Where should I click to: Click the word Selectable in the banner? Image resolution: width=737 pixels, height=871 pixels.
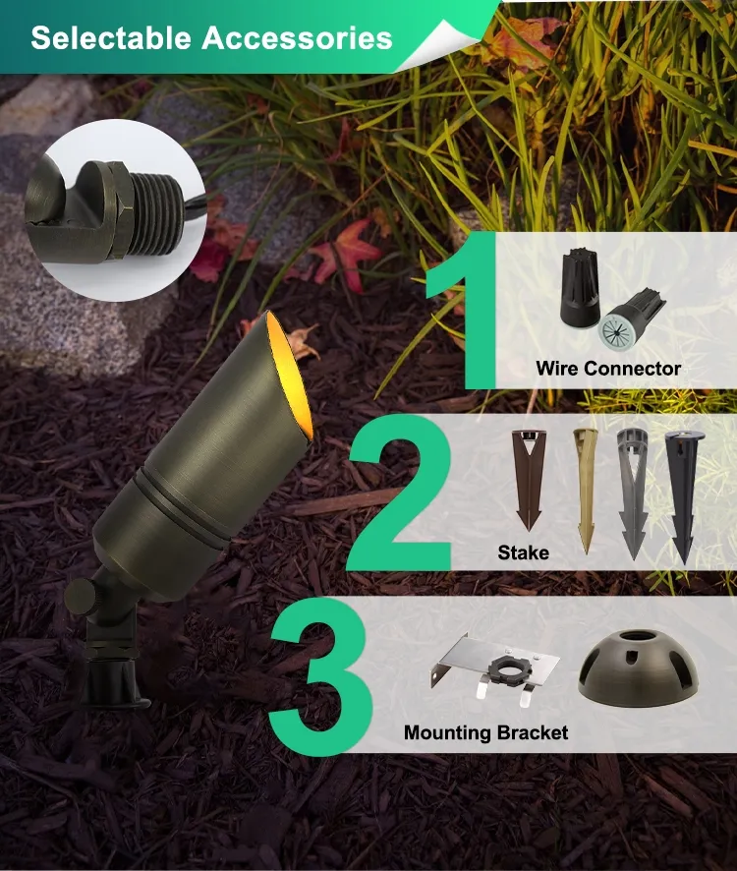point(110,37)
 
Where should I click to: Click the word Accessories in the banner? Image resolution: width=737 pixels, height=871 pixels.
point(297,37)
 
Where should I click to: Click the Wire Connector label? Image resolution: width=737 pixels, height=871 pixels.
point(608,369)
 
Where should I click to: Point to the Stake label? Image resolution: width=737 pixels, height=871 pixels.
point(523,552)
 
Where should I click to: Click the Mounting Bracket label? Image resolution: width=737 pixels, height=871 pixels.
point(486,732)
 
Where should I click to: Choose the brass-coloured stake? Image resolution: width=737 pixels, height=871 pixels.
point(585,490)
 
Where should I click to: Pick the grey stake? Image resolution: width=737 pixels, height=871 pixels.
point(633,493)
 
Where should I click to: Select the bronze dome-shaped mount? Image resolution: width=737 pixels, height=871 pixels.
point(638,667)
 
